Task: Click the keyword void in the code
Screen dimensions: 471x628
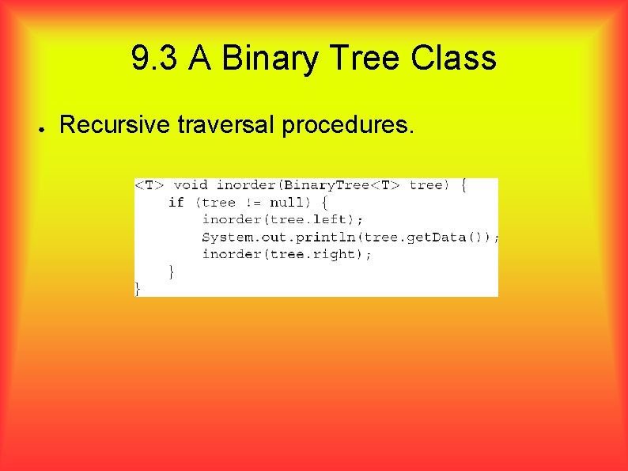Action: [191, 185]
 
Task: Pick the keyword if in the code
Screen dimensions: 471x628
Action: [176, 203]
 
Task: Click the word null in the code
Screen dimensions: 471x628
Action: [289, 203]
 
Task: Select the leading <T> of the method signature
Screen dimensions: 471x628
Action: [149, 185]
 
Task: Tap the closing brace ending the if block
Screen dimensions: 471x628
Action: [172, 272]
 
